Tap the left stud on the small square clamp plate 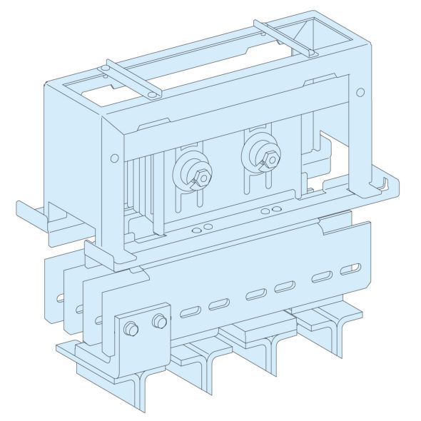point(131,328)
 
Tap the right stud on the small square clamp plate point(159,322)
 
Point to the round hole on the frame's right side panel point(360,92)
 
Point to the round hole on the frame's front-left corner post point(113,158)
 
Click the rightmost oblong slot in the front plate point(350,270)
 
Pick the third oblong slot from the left point(254,295)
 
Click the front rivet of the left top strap point(152,93)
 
